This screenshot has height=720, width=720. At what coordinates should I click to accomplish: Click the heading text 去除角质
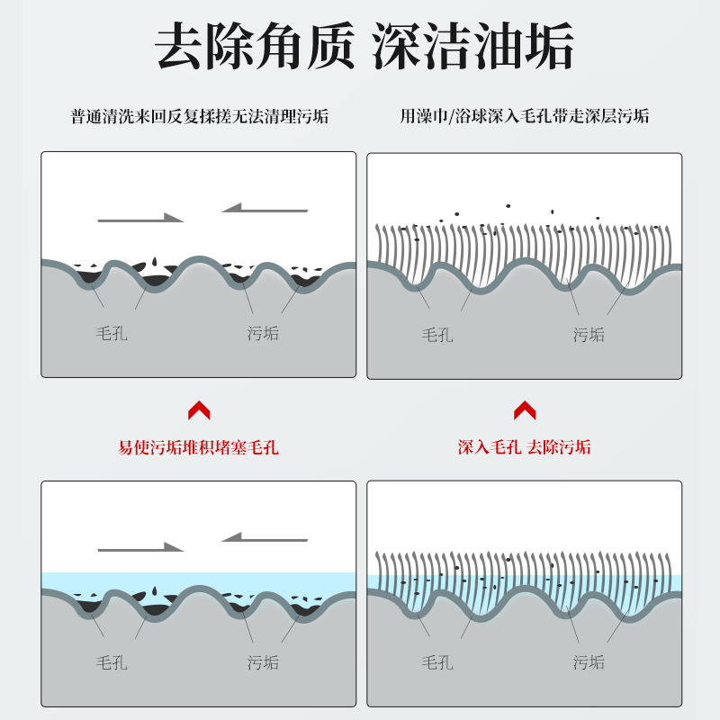tap(254, 47)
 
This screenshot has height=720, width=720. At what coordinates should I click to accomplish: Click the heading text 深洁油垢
tap(472, 47)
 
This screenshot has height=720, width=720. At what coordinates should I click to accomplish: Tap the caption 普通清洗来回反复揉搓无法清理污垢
tap(199, 116)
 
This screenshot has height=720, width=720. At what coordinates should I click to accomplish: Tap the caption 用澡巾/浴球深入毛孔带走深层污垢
tap(525, 116)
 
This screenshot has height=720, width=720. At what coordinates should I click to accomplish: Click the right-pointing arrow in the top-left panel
tap(140, 218)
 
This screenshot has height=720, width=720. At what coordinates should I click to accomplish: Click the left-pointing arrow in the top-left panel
tap(265, 208)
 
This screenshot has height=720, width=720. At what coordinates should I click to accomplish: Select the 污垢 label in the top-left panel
tap(263, 334)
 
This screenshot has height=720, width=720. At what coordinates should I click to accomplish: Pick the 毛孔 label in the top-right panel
tap(437, 335)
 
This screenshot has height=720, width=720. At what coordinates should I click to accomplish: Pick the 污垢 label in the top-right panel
tap(589, 335)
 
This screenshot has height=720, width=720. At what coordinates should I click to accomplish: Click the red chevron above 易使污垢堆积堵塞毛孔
tap(199, 411)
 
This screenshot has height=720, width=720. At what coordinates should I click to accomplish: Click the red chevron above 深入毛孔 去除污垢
tap(525, 411)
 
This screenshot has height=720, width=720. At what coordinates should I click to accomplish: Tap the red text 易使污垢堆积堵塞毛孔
tap(199, 447)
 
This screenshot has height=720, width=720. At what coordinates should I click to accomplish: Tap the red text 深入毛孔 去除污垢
tap(525, 447)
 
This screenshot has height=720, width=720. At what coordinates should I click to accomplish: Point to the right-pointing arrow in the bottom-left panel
tap(140, 547)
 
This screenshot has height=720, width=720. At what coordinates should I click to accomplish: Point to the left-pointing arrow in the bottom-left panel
tap(265, 537)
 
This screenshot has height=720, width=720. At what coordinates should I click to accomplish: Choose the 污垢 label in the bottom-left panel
tap(263, 663)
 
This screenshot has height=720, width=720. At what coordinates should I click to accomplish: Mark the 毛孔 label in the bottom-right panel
tap(437, 663)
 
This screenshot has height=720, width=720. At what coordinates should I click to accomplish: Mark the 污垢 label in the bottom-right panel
tap(589, 663)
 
